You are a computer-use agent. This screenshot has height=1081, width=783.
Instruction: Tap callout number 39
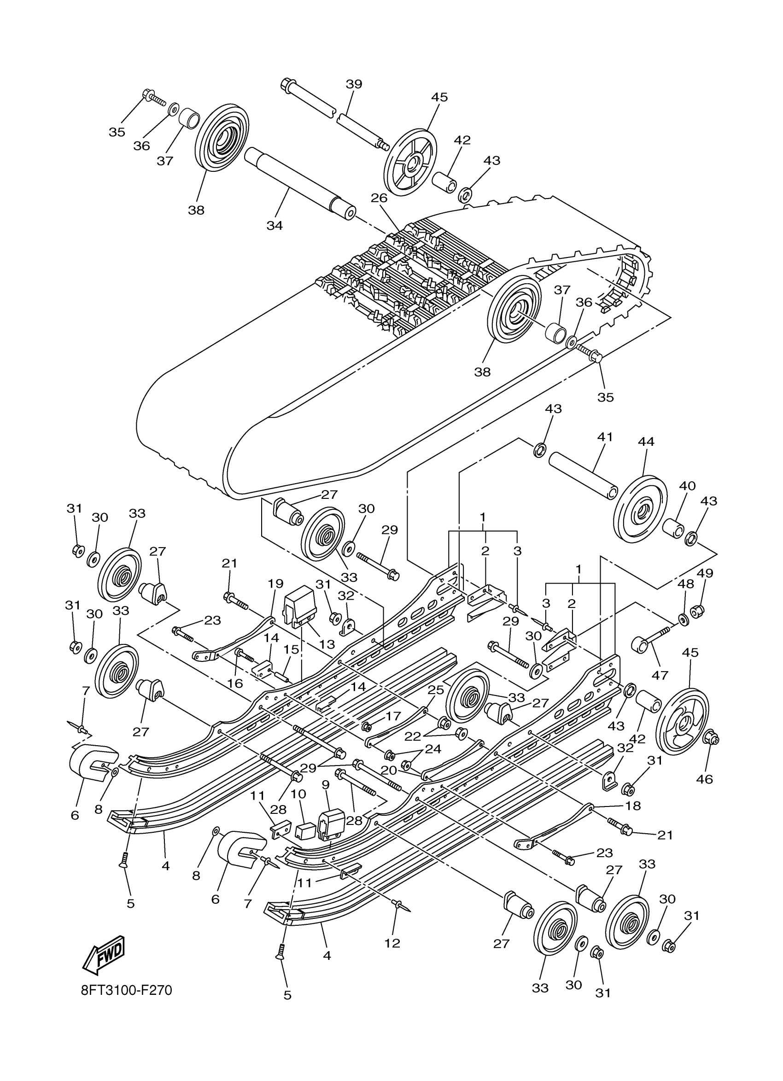(354, 84)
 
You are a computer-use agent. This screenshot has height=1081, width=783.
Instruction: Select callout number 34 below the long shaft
(275, 225)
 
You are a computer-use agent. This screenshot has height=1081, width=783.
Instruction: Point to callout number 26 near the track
(380, 197)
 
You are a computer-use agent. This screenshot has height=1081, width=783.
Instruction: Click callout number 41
(605, 437)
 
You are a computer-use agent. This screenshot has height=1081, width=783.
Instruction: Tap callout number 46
(704, 779)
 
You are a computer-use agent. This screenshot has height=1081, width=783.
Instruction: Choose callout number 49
(705, 573)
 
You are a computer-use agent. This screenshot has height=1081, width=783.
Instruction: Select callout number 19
(275, 584)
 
